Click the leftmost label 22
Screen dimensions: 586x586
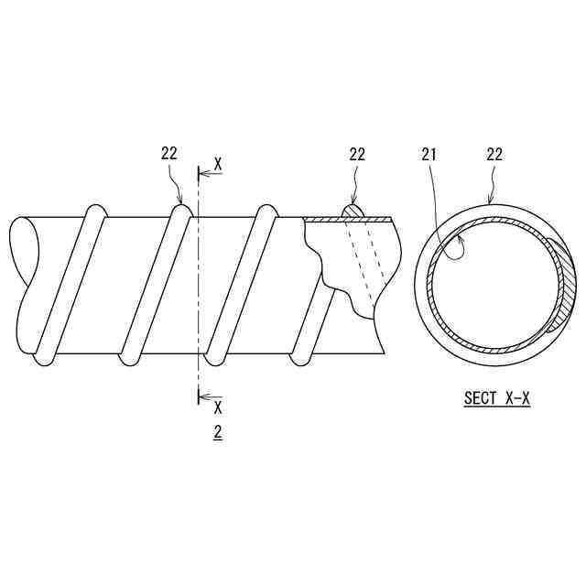pyautogui.click(x=168, y=154)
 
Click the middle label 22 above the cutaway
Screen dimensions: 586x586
pyautogui.click(x=357, y=154)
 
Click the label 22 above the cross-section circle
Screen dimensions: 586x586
pyautogui.click(x=494, y=154)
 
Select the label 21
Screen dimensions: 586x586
pyautogui.click(x=429, y=154)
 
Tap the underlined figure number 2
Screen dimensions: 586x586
pyautogui.click(x=218, y=432)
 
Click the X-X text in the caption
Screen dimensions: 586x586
pyautogui.click(x=517, y=397)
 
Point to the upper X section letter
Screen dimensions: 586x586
pyautogui.click(x=218, y=165)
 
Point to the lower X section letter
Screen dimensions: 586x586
pyautogui.click(x=218, y=407)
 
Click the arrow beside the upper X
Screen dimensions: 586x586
pyautogui.click(x=211, y=174)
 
